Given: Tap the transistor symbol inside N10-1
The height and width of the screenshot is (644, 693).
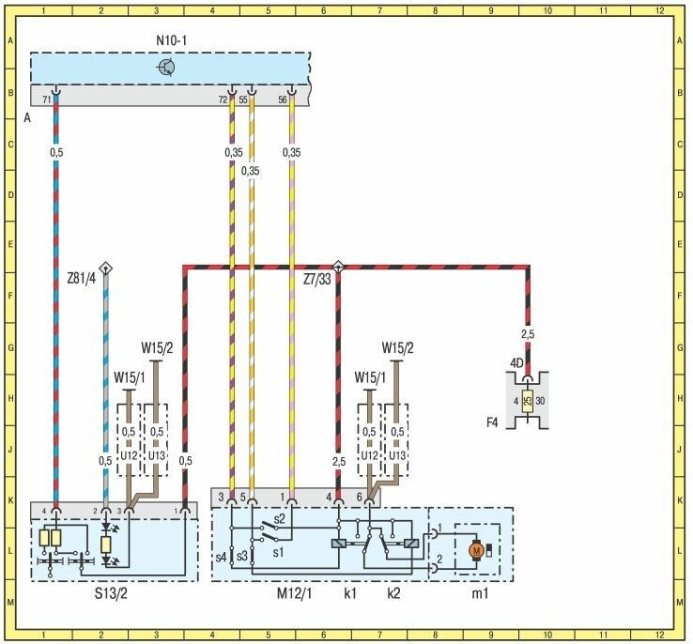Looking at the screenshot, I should point(166,67).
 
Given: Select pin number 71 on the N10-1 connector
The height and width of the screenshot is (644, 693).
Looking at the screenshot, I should point(46,98).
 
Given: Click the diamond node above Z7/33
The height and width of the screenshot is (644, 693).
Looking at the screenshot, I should point(338,267).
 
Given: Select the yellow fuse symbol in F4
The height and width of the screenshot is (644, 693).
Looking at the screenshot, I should point(528,402).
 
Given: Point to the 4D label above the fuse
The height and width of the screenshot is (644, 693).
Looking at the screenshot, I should point(516,361).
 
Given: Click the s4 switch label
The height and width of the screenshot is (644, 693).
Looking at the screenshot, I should point(221,558).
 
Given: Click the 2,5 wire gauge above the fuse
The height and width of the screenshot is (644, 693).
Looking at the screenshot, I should point(528,333).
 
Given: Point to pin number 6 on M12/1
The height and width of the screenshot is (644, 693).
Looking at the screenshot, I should point(359,496).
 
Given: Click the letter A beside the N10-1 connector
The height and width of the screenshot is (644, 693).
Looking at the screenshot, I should point(26,118).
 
